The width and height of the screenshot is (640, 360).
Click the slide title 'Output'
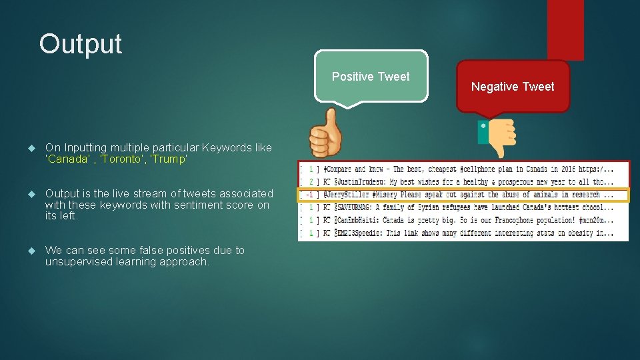coord(81,44)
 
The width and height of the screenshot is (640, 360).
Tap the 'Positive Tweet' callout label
coord(371,77)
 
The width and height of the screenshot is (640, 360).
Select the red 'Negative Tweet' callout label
coord(513,87)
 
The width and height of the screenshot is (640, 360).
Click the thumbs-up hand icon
coord(325,133)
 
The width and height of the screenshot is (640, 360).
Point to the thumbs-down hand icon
coord(499,137)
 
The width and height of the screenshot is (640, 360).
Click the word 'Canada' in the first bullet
coord(67,159)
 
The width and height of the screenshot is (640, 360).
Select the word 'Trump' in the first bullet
coord(171,159)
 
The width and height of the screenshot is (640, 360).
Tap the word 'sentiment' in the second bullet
coord(213,205)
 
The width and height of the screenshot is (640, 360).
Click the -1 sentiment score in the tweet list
coord(309,195)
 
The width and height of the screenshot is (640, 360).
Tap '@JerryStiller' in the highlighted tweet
coord(346,195)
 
